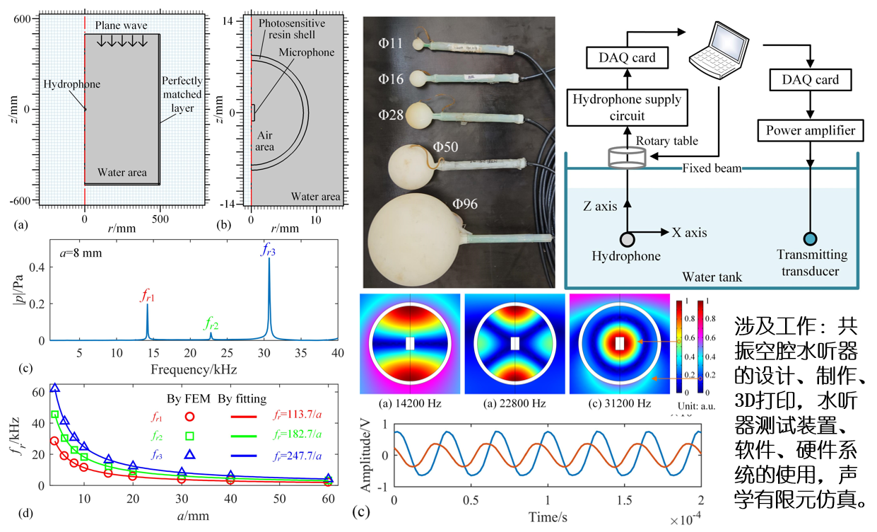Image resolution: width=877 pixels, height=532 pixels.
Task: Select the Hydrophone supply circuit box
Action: tap(627, 108)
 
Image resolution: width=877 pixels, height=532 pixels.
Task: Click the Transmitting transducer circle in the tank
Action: tap(810, 241)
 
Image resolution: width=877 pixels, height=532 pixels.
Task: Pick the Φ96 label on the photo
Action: tap(466, 204)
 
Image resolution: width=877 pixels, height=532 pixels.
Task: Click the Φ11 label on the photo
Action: tap(390, 44)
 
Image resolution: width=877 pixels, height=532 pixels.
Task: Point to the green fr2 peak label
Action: tap(211, 324)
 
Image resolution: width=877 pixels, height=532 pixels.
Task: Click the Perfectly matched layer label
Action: tap(182, 94)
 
